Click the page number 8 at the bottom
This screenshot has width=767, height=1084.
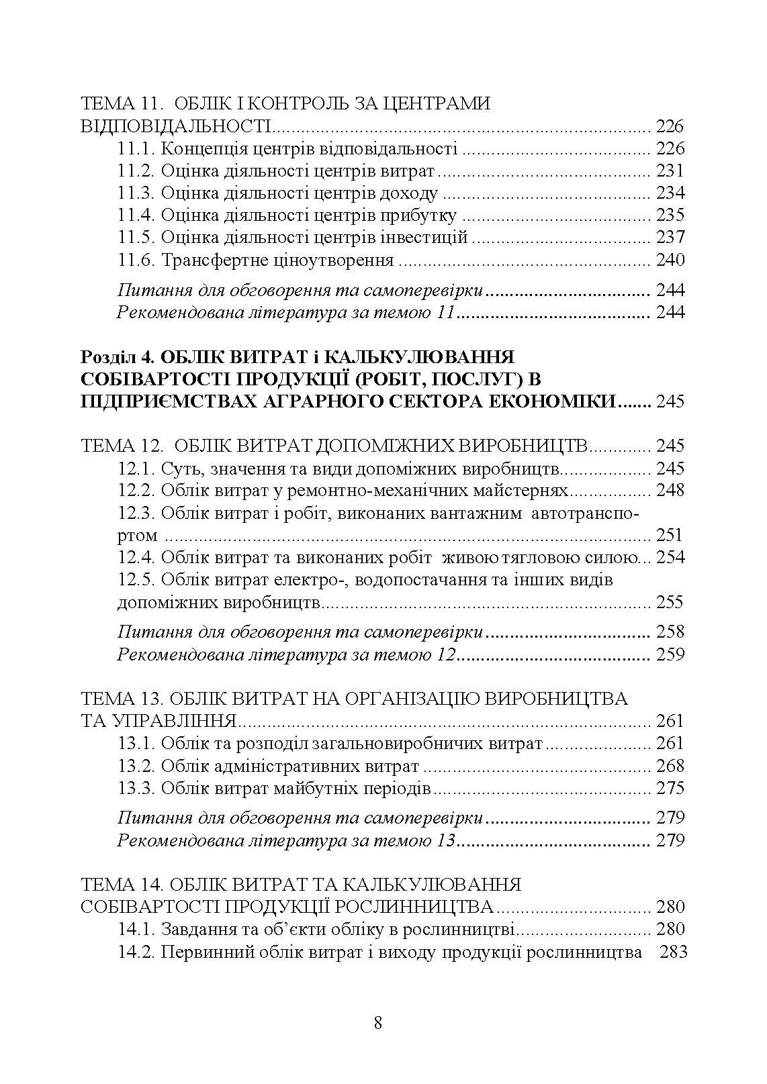[x=377, y=1023]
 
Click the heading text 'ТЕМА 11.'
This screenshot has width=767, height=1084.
[x=118, y=104]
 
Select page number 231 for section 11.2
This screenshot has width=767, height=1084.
[x=670, y=170]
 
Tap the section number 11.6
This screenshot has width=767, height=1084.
[x=136, y=260]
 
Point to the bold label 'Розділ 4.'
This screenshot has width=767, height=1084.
[x=118, y=357]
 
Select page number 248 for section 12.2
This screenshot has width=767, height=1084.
[x=670, y=490]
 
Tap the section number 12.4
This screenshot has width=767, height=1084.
[x=136, y=557]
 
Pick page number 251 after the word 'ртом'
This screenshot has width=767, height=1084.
[x=670, y=535]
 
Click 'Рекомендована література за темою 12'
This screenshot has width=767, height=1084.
[x=287, y=654]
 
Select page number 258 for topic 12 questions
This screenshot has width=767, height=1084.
[x=670, y=632]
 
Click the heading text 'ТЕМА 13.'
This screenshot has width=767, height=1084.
[x=118, y=699]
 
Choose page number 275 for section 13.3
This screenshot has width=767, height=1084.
[x=670, y=788]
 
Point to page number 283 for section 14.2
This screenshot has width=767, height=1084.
[x=673, y=952]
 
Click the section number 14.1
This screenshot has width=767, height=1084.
[x=136, y=930]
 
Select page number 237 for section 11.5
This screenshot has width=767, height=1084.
[x=670, y=237]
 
